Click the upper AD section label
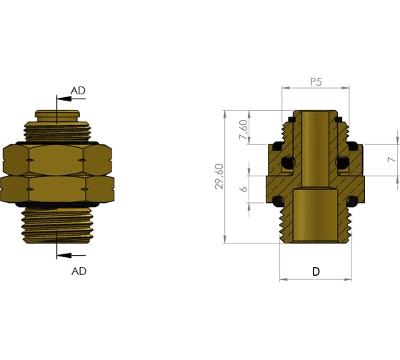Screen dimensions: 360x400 click(79, 91)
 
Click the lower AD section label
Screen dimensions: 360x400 click(79, 271)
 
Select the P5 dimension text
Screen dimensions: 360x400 click(316, 82)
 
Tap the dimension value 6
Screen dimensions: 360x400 click(244, 190)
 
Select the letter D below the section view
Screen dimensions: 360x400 click(316, 272)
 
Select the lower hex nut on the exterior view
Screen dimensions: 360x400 click(57, 189)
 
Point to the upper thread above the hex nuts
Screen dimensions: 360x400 click(57, 131)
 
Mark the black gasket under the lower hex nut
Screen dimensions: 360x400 click(57, 207)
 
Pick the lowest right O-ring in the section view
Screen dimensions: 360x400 click(353, 202)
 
